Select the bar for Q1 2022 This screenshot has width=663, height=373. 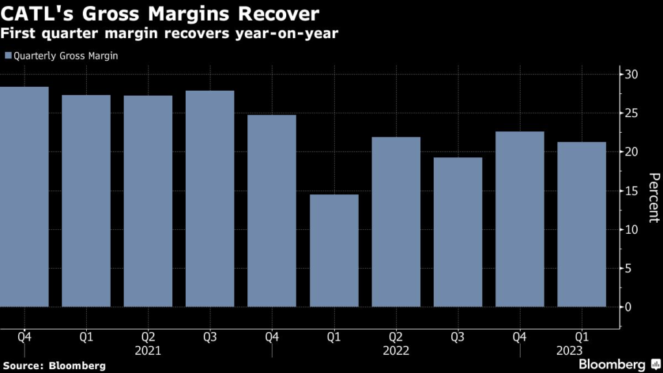[x=334, y=251]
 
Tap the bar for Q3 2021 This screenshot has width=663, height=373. [x=210, y=198]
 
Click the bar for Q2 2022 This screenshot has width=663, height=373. [x=396, y=221]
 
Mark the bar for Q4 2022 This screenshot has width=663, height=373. [x=520, y=219]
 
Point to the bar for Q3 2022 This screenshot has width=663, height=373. [x=458, y=232]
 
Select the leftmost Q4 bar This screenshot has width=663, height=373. [x=25, y=196]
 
